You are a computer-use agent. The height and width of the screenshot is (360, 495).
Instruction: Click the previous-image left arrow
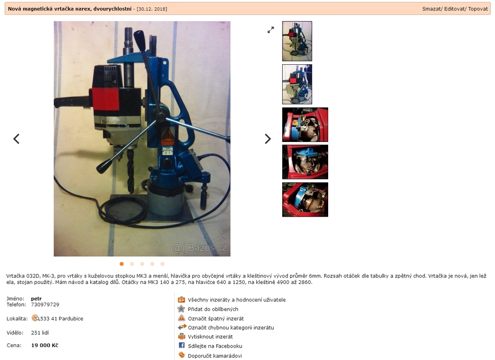[x=16, y=138]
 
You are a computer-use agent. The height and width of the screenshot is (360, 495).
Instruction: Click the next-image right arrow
[x=268, y=138]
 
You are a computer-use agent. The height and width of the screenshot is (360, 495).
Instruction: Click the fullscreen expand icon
[x=271, y=30]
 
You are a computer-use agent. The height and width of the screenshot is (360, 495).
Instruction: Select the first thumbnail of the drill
[x=297, y=42]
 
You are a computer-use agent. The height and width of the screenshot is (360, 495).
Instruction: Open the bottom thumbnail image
[x=305, y=200]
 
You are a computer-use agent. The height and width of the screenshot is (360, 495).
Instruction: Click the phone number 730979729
[x=45, y=305]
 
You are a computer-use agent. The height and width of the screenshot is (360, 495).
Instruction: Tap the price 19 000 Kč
[x=45, y=345]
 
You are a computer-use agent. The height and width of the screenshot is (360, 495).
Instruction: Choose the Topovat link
[x=478, y=9]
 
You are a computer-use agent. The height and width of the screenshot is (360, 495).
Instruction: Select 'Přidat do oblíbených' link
[x=213, y=309]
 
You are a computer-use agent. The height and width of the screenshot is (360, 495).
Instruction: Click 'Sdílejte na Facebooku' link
[x=215, y=346]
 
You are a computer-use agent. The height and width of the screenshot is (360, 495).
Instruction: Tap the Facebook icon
[x=182, y=345]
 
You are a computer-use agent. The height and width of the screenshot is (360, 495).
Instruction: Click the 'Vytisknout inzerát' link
[x=210, y=337]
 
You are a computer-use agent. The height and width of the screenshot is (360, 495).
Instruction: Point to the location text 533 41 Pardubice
[x=61, y=318]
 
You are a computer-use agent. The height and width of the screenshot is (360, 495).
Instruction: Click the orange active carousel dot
[x=122, y=264]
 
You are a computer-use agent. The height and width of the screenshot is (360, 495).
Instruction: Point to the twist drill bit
[x=130, y=170]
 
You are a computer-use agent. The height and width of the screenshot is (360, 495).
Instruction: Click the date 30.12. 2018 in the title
[x=152, y=9]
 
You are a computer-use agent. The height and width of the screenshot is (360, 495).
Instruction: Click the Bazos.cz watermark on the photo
[x=200, y=248]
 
